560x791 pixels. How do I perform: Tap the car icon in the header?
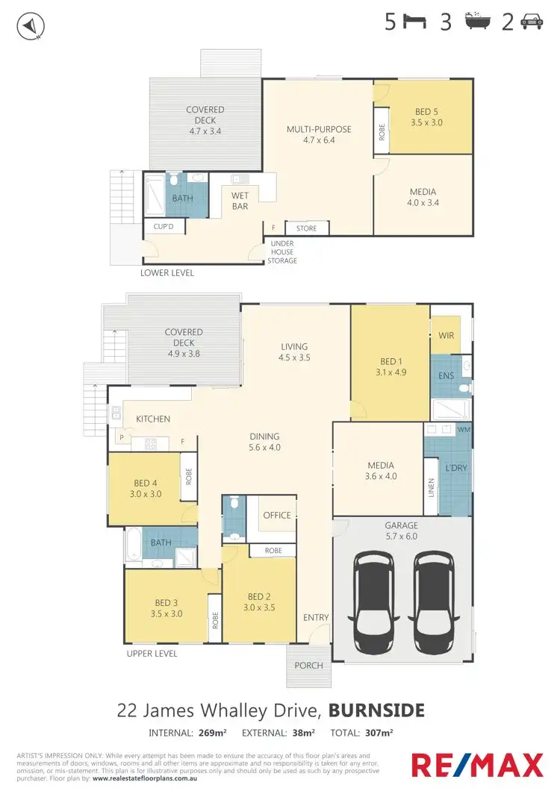[531, 22]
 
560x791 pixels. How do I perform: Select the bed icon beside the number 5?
[415, 22]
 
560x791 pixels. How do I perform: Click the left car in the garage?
[375, 601]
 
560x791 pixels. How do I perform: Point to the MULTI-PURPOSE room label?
[319, 129]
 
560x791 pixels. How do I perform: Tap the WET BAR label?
[240, 201]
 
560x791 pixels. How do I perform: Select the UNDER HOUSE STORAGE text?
[282, 252]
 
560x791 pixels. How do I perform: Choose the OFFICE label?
[276, 516]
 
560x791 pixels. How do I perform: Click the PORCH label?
[309, 665]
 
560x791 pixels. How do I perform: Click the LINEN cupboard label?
[431, 486]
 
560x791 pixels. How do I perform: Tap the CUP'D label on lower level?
[164, 226]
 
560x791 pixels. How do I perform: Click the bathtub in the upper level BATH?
[134, 545]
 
